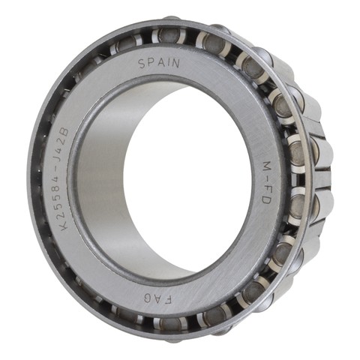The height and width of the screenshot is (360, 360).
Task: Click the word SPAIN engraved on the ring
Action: pyautogui.click(x=159, y=62)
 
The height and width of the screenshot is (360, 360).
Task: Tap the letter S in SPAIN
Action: pyautogui.click(x=142, y=64)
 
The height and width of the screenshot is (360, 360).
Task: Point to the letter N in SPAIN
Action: pyautogui.click(x=175, y=63)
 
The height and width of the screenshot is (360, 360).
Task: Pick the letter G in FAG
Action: pyautogui.click(x=148, y=298)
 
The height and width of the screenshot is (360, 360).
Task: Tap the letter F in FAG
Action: pyautogui.click(x=169, y=300)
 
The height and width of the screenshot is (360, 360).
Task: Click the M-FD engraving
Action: pyautogui.click(x=265, y=182)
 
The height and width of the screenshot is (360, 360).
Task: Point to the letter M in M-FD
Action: pyautogui.click(x=265, y=166)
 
